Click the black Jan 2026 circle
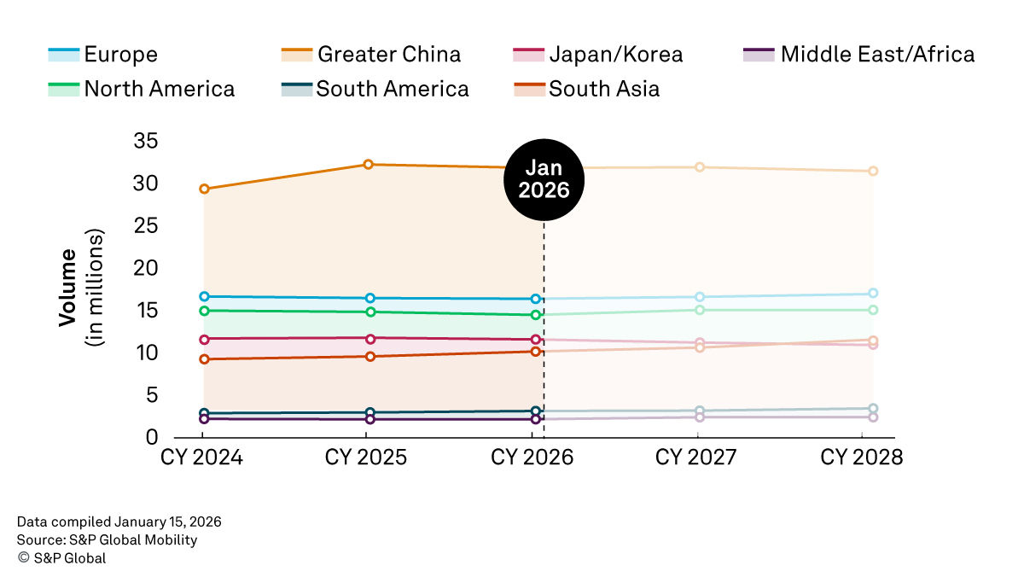coord(544,178)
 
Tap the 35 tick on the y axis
coord(146,142)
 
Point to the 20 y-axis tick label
coord(146,268)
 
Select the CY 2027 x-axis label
coord(696,458)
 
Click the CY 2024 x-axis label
coord(202,458)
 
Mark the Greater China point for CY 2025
coord(369,165)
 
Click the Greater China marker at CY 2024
coord(204,189)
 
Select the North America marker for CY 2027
coord(700,310)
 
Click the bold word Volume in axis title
coord(67,287)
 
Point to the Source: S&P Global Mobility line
coord(107,539)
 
